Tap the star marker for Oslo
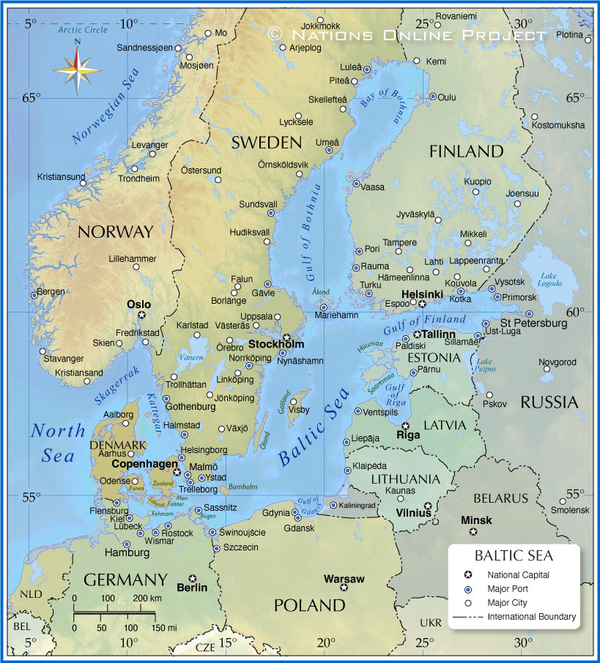click(142, 315)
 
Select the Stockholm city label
click(276, 344)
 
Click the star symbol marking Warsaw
click(344, 587)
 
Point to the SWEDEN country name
click(267, 143)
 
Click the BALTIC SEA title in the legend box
click(514, 556)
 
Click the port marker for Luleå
click(367, 70)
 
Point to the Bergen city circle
click(34, 295)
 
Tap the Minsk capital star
click(473, 531)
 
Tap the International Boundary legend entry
click(531, 617)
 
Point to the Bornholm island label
click(243, 486)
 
